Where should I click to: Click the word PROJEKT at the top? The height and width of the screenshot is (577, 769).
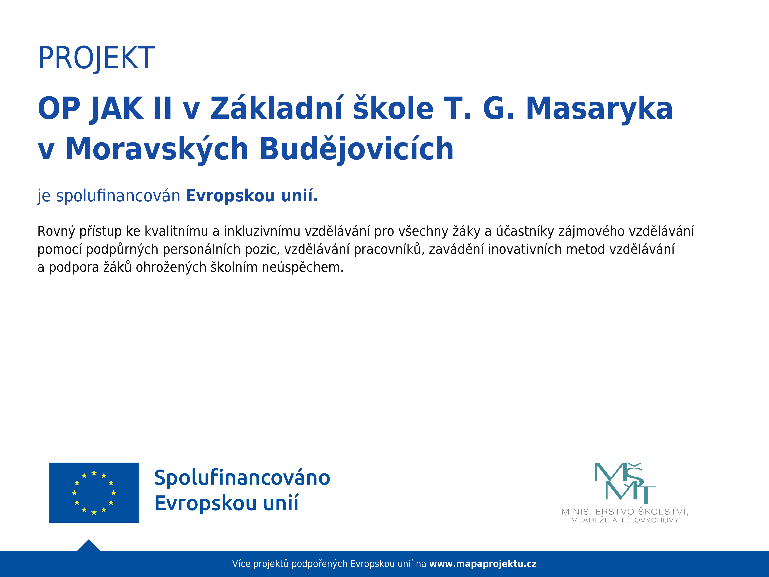coord(96,58)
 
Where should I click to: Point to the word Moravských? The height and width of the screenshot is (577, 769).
coord(157,149)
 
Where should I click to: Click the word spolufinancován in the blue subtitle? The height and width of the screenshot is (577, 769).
coord(118,196)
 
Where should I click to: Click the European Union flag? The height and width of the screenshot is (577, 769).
coord(94,493)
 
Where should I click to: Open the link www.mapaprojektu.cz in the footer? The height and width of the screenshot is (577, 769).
coord(483,564)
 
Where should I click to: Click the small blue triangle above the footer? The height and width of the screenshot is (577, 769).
coord(89,546)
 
